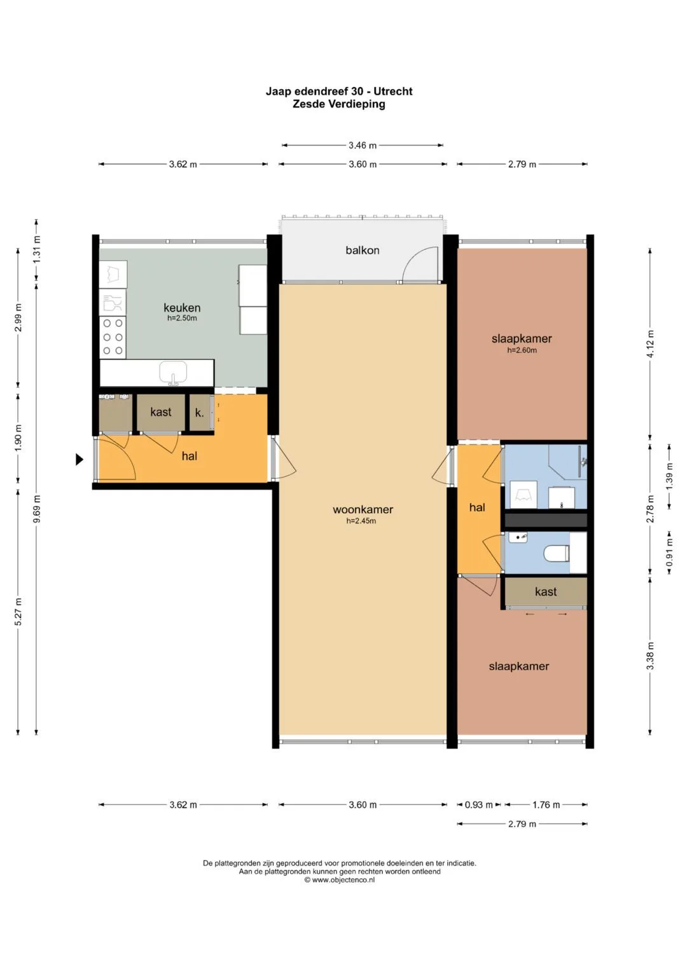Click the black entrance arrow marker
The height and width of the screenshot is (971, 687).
pyautogui.click(x=80, y=459)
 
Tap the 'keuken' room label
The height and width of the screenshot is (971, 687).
pyautogui.click(x=182, y=308)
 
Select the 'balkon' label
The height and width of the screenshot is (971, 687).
pyautogui.click(x=362, y=250)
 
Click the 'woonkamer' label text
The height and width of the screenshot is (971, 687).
pyautogui.click(x=363, y=509)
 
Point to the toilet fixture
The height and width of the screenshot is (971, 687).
pyautogui.click(x=556, y=554)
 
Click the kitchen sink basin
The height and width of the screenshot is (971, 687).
pyautogui.click(x=173, y=373)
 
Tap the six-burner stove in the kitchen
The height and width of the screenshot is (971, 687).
pyautogui.click(x=113, y=337)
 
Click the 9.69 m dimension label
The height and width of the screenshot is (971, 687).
pyautogui.click(x=37, y=509)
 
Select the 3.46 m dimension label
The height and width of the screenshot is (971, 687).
pyautogui.click(x=363, y=145)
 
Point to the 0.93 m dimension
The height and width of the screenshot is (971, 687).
pyautogui.click(x=479, y=804)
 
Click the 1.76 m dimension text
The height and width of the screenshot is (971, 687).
pyautogui.click(x=546, y=804)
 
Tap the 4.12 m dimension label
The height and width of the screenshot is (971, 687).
pyautogui.click(x=650, y=344)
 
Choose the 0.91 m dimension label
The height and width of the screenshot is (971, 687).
pyautogui.click(x=669, y=552)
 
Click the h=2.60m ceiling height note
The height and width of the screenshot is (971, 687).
pyautogui.click(x=522, y=350)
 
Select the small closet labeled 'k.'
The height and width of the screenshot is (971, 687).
pyautogui.click(x=200, y=412)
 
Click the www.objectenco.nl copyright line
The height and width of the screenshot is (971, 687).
pyautogui.click(x=339, y=879)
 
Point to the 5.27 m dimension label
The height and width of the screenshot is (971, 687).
pyautogui.click(x=18, y=612)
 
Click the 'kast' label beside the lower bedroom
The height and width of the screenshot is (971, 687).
pyautogui.click(x=546, y=592)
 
